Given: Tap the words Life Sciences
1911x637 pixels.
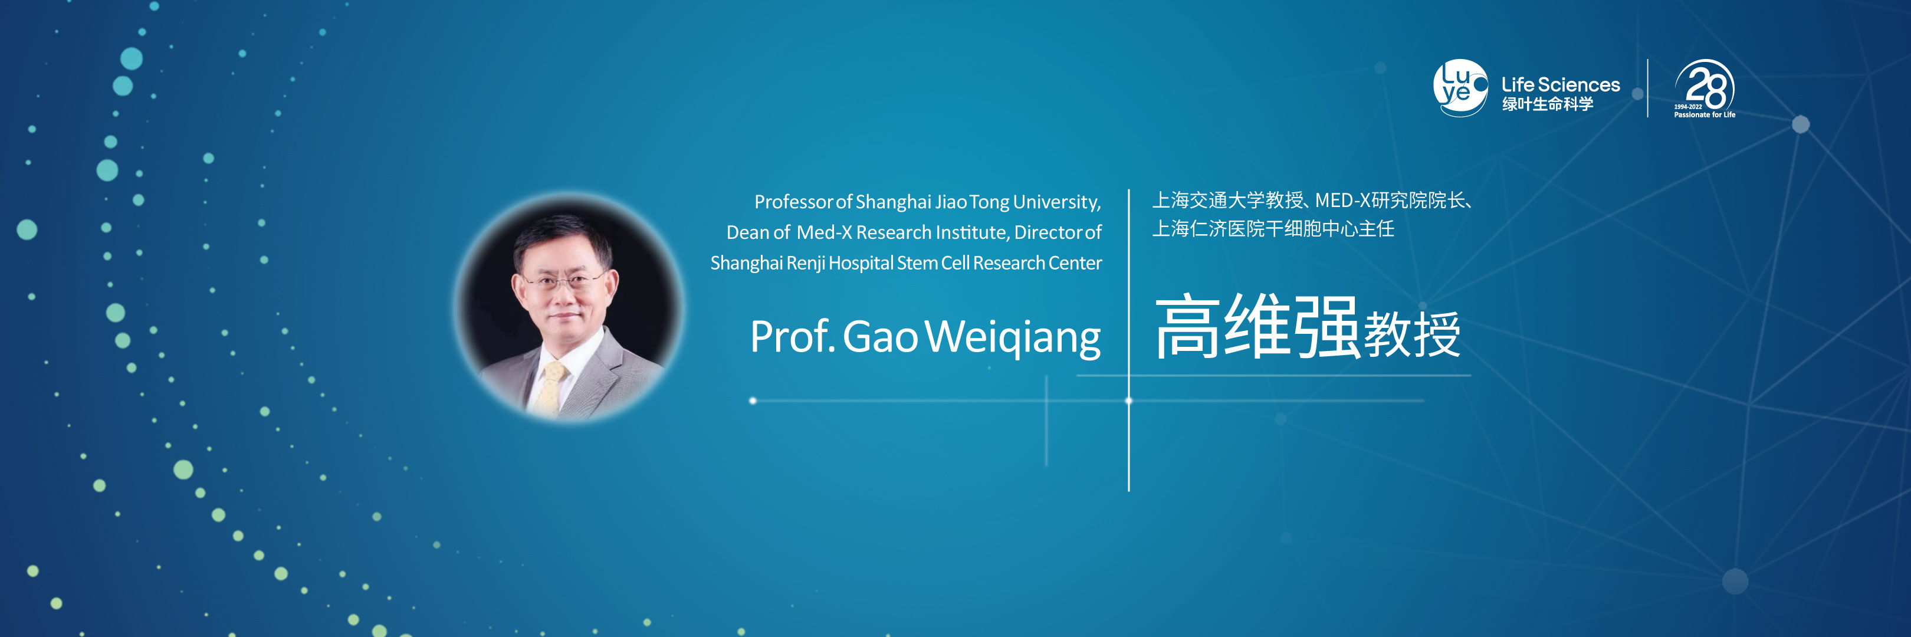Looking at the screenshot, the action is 1560,84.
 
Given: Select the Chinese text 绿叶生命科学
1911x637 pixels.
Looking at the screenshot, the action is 1548,104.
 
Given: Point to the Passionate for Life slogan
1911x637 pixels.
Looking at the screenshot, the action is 1704,115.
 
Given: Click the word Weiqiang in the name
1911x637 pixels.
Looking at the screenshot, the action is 1013,338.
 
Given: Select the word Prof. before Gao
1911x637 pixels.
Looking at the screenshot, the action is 792,337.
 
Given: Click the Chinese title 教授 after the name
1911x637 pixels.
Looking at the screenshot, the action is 1413,334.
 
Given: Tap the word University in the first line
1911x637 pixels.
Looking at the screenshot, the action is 1057,202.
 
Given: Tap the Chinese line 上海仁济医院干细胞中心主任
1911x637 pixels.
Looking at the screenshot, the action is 1273,229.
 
